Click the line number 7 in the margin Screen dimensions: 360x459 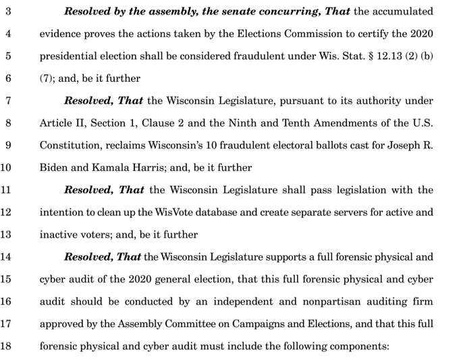(x=8, y=101)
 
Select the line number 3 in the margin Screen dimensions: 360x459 (x=8, y=11)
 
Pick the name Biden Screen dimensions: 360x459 (x=54, y=168)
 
